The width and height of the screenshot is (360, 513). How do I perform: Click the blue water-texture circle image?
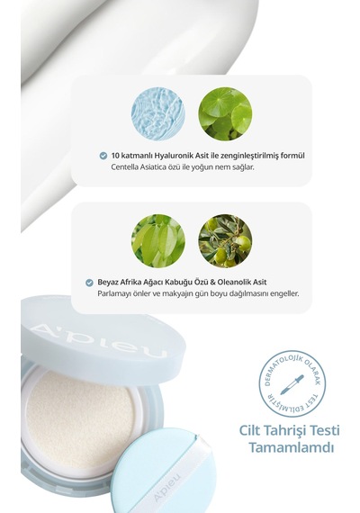point(158,114)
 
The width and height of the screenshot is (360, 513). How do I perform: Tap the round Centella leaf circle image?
point(225,114)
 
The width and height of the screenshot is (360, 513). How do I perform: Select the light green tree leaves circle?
point(158,241)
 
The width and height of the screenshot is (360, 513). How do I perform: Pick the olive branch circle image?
point(225,241)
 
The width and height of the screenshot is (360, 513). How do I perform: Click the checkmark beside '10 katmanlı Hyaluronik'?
point(103,156)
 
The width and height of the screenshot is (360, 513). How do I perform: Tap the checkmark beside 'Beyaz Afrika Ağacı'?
point(89,283)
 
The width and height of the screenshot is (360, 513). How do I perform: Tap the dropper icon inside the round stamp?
point(292,385)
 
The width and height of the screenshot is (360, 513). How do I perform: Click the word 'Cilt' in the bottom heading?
point(249,430)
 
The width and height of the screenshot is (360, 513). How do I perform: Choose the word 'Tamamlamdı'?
point(292,447)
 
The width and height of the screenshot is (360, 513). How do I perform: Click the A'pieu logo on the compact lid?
point(98,340)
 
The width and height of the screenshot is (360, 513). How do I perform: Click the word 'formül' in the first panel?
point(292,156)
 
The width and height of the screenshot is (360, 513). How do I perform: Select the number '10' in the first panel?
point(114,156)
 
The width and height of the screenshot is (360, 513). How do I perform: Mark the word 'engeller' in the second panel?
point(285,293)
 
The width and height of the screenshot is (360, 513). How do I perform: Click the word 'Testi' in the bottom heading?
point(325,430)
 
